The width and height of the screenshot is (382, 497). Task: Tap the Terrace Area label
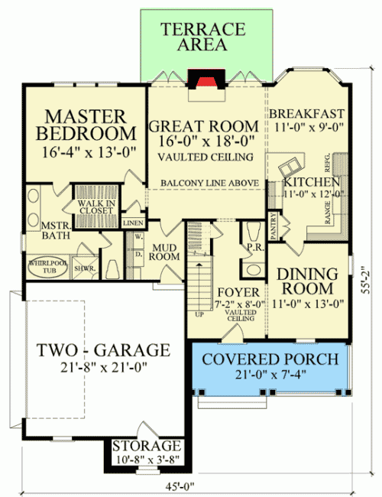[x=202, y=37]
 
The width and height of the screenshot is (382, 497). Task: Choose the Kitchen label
[x=311, y=183]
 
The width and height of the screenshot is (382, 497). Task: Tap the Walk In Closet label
[x=95, y=206]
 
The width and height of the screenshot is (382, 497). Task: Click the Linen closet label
[x=133, y=223]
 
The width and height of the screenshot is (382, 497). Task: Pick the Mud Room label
[x=165, y=252]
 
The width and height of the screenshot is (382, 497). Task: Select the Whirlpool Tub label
[x=44, y=266]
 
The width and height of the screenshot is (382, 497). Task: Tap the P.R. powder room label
[x=255, y=248]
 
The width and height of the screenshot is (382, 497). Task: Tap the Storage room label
[x=146, y=445]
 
